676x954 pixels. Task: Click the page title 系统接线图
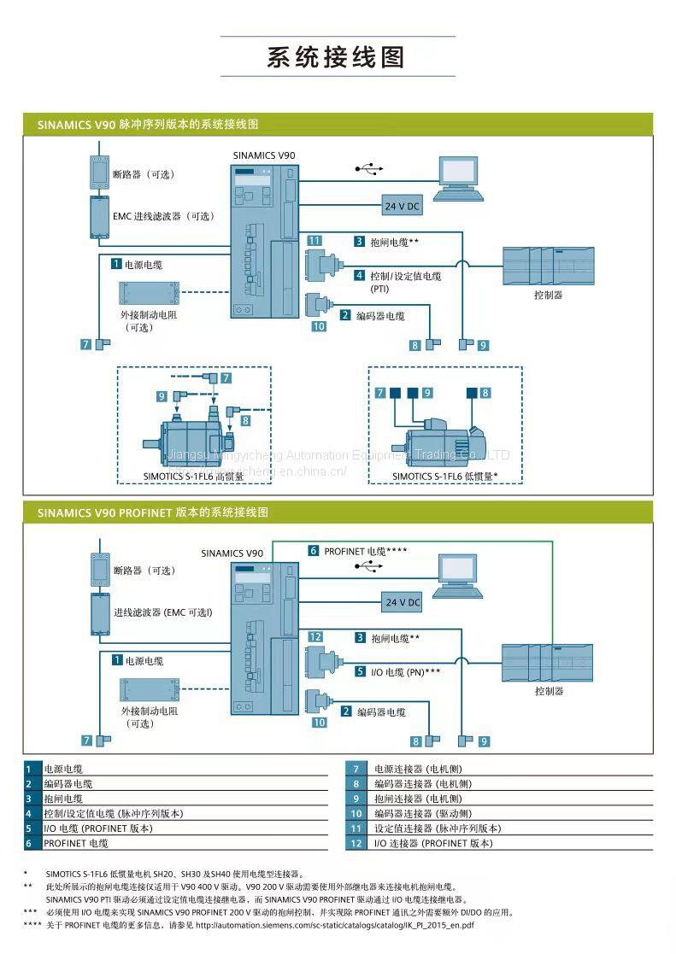336,57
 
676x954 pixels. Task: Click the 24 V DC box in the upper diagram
402,206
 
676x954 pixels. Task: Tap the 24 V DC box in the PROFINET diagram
402,602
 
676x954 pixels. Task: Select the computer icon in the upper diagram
458,179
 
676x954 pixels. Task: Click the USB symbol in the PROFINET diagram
369,566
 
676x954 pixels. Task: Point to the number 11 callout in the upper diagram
314,240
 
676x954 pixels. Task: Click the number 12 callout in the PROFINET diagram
314,636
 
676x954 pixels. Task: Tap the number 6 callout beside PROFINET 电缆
313,551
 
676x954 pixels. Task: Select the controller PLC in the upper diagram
548,266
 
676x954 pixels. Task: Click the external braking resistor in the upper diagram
150,294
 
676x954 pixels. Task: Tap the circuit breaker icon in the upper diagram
100,173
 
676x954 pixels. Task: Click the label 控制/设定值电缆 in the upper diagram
406,276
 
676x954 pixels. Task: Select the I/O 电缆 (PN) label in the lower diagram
406,672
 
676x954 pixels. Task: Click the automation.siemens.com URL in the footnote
335,926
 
